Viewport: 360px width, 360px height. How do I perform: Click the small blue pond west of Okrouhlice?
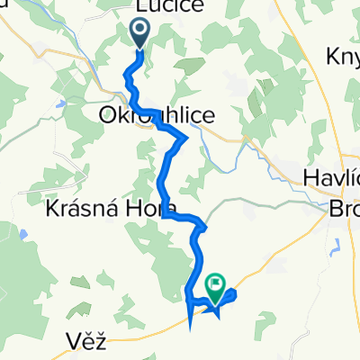click(x=58, y=103)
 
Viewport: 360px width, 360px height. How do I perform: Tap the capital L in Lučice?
click(x=139, y=6)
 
